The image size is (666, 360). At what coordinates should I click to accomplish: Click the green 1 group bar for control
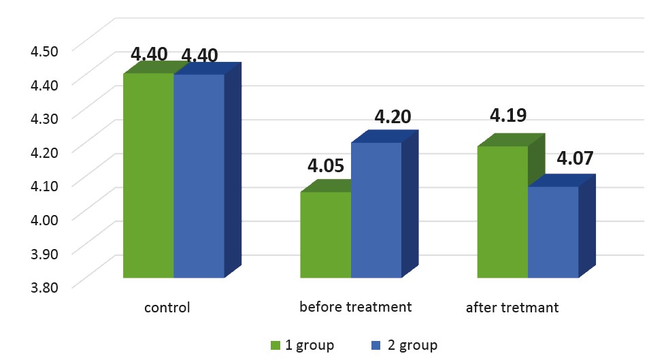point(148,176)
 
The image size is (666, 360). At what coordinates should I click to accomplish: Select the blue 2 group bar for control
point(199,176)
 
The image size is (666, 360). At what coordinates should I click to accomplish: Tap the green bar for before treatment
point(325,235)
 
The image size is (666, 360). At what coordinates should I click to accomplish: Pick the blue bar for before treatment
point(376,210)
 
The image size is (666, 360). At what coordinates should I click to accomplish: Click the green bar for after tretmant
point(503,212)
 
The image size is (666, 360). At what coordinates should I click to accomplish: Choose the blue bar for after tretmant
point(553,232)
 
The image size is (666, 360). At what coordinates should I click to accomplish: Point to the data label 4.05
point(326,166)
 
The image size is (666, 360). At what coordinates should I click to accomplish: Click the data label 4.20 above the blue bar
point(393,117)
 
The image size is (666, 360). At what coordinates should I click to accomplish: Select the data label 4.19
point(508,115)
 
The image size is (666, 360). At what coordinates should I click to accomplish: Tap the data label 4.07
point(575,158)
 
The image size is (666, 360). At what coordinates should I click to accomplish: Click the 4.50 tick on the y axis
point(44,51)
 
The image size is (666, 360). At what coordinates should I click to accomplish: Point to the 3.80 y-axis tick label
point(44,287)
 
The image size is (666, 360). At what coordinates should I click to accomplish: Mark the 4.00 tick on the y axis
point(44,220)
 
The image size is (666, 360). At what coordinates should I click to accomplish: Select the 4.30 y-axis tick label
point(44,118)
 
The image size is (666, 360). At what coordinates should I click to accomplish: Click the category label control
point(167,308)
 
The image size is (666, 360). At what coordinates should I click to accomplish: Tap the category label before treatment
point(356,307)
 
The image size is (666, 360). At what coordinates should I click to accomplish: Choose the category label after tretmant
point(512,308)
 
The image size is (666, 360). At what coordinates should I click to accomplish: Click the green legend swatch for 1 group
point(276,346)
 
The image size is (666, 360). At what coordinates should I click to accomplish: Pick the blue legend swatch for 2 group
point(376,346)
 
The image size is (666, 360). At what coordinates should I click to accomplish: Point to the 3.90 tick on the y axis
point(44,254)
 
